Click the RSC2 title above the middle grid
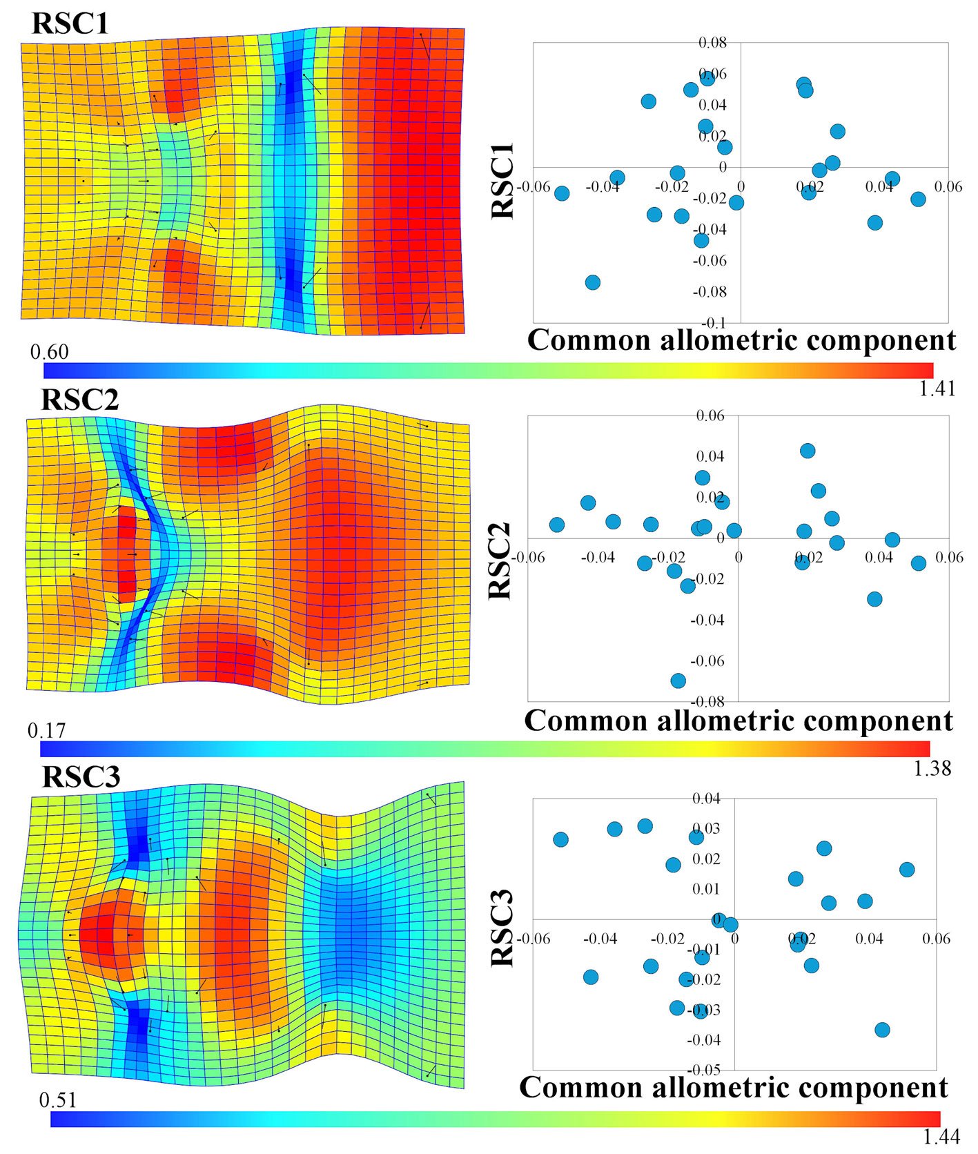click(80, 400)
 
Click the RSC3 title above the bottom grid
click(81, 776)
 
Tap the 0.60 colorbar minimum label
click(49, 352)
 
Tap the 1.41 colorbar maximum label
click(937, 389)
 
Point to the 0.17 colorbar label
click(46, 730)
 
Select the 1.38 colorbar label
click(932, 768)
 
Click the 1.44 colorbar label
click(941, 1136)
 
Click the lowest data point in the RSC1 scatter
click(592, 282)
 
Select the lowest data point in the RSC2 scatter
click(678, 681)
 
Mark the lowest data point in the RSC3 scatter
click(882, 1030)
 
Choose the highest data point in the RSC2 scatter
click(808, 451)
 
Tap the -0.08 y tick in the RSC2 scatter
click(710, 702)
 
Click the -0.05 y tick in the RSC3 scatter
click(705, 1070)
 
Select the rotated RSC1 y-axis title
click(503, 181)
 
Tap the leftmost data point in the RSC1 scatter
click(562, 193)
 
